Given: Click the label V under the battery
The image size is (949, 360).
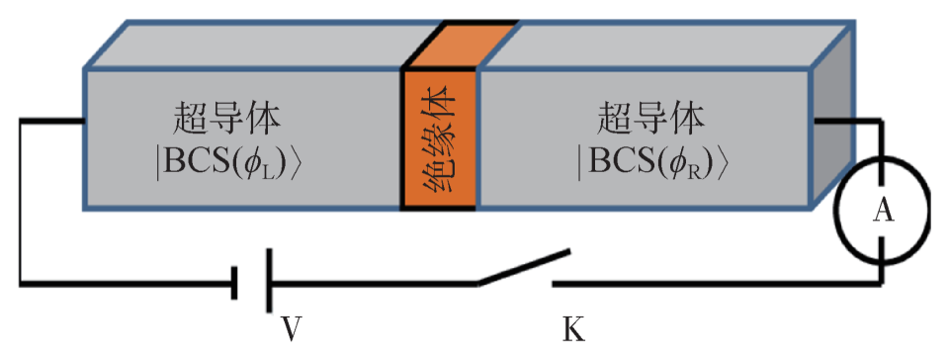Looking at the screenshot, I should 290,326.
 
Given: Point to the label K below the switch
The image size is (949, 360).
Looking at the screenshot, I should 572,326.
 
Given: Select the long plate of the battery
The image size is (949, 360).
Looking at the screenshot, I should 269,283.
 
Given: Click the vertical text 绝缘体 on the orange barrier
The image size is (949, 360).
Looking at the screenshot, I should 440,139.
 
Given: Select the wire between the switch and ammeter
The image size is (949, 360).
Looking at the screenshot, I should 712,283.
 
